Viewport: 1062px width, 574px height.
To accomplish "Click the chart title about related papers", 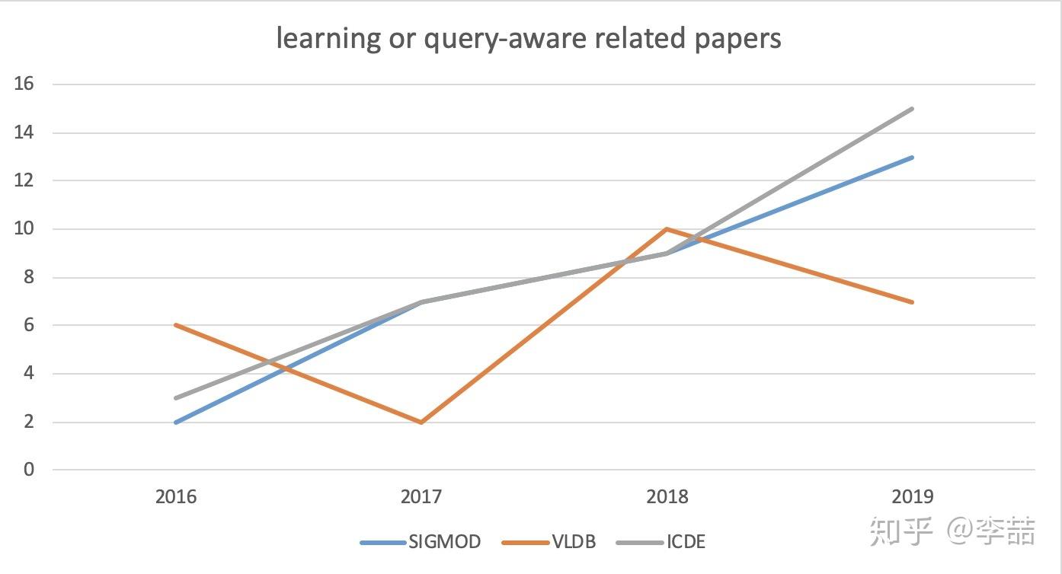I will point(529,38).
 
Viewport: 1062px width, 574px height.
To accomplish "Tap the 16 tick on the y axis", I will point(24,85).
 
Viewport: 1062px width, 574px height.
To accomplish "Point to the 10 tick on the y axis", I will point(24,229).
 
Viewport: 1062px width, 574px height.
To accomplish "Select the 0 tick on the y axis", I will point(29,470).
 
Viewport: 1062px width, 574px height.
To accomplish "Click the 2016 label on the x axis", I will point(176,497).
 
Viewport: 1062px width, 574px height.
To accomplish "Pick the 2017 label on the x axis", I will point(421,497).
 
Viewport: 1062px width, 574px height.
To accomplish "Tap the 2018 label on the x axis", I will point(667,497).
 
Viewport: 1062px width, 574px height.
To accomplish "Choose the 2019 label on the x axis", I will point(912,497).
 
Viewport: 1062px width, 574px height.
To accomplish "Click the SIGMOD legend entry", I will point(421,542).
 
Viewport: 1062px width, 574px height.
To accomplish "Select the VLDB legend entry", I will point(549,542).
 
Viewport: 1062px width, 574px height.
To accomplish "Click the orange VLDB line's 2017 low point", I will point(421,422).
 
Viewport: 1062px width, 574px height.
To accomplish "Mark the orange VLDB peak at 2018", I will point(667,228).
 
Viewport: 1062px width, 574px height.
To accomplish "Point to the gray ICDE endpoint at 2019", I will point(912,109).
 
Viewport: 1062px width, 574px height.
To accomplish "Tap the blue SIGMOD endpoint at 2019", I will point(912,158).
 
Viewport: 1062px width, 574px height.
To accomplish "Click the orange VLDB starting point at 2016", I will point(176,325).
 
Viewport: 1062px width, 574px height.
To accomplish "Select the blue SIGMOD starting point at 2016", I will point(176,422).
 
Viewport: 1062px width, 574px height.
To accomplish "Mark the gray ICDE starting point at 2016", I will point(176,397).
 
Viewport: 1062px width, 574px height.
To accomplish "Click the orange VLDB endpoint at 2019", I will point(912,302).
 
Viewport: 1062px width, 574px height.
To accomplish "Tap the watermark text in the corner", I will point(952,531).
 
